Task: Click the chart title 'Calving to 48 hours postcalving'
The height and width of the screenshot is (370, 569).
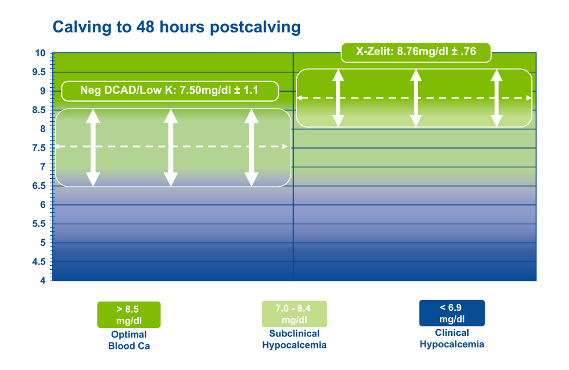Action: click(177, 27)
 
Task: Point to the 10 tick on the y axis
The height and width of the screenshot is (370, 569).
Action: click(40, 53)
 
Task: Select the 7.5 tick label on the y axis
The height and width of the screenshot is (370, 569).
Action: click(39, 148)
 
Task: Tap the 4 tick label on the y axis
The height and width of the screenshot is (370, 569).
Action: click(43, 280)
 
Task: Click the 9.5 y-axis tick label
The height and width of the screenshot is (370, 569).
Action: click(39, 72)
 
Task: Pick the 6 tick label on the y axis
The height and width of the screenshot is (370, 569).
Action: click(43, 205)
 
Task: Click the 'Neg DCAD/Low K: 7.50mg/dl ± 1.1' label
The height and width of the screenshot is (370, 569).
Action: click(170, 91)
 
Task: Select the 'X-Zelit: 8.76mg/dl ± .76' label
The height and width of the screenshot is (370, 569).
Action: click(416, 52)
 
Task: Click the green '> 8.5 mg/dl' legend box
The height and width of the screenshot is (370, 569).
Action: click(129, 315)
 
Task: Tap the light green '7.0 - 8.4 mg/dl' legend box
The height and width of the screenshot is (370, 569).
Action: click(294, 314)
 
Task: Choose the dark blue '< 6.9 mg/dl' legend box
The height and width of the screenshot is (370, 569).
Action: click(452, 313)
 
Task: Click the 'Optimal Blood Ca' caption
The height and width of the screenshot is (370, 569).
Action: click(129, 340)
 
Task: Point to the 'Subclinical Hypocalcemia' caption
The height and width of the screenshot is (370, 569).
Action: click(294, 339)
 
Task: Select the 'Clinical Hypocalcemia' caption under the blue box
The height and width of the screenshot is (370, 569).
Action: click(452, 339)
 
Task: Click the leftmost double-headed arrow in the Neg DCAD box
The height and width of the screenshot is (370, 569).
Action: click(93, 148)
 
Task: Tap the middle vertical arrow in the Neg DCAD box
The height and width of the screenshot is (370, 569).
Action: click(171, 148)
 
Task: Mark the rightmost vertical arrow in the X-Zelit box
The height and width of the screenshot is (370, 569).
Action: click(496, 98)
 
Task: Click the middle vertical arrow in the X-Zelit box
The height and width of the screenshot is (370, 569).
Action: click(416, 98)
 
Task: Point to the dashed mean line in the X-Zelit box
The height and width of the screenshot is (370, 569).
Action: click(414, 98)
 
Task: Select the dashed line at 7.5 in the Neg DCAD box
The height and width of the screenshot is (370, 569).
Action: click(171, 147)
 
